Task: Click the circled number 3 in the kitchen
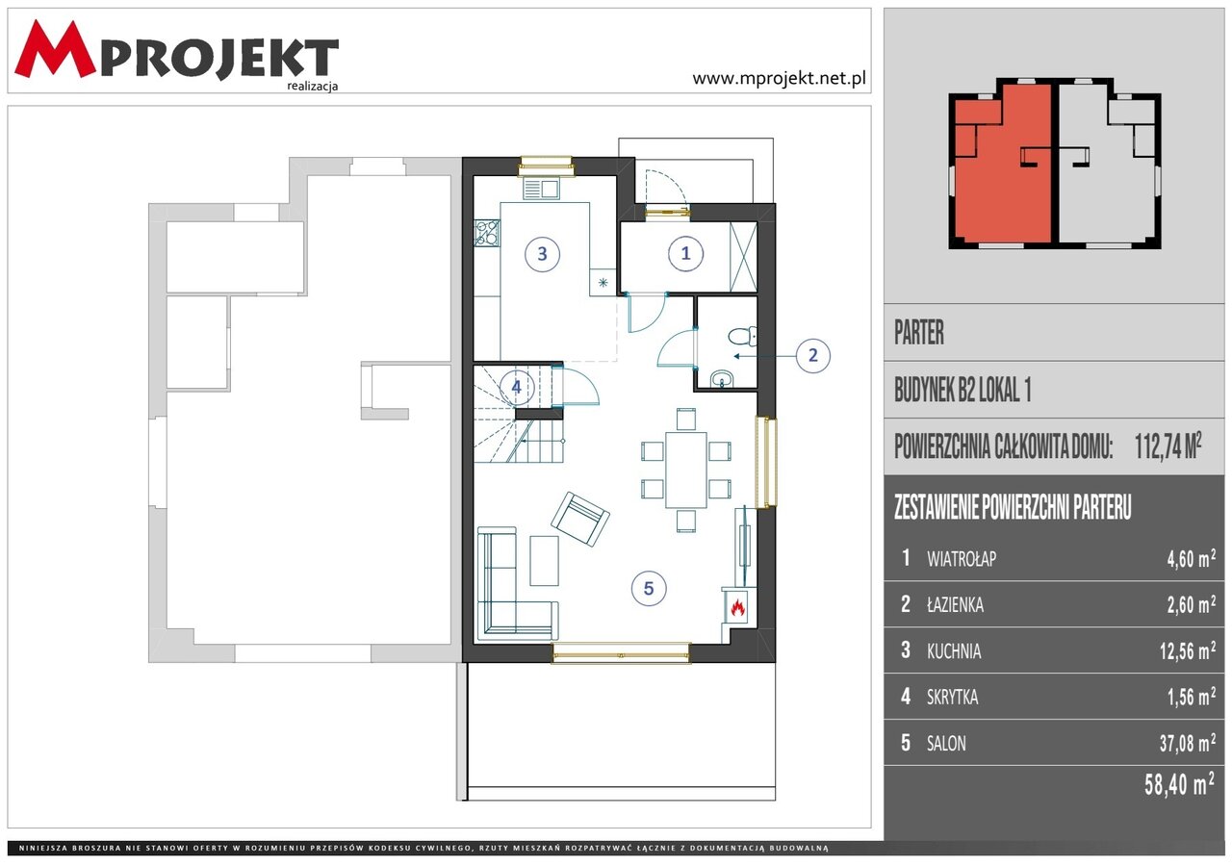[x=542, y=254]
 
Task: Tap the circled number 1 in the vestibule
[x=685, y=253]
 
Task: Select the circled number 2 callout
[x=813, y=356]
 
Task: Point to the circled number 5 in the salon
[x=649, y=588]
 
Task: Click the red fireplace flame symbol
[x=737, y=607]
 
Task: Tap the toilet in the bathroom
[x=742, y=336]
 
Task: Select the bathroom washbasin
[x=722, y=379]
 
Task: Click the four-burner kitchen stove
[x=487, y=233]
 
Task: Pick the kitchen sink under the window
[x=541, y=189]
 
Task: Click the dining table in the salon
[x=686, y=470]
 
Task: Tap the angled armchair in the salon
[x=580, y=519]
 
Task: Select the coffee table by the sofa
[x=544, y=561]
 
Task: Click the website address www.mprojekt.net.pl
[x=779, y=79]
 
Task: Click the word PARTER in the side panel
[x=919, y=333]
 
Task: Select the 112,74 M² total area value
[x=1168, y=446]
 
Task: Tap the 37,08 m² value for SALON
[x=1188, y=743]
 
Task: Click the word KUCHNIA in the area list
[x=954, y=651]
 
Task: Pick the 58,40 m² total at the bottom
[x=1179, y=784]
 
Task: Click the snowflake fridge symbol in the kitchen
[x=603, y=283]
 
